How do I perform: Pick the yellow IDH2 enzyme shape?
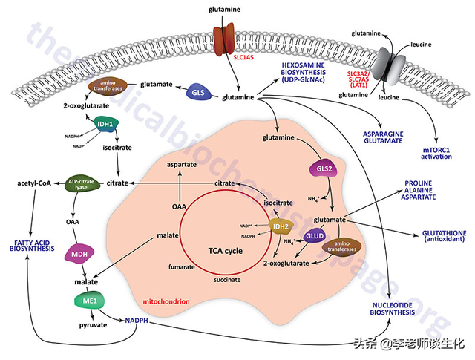click(x=281, y=228)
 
